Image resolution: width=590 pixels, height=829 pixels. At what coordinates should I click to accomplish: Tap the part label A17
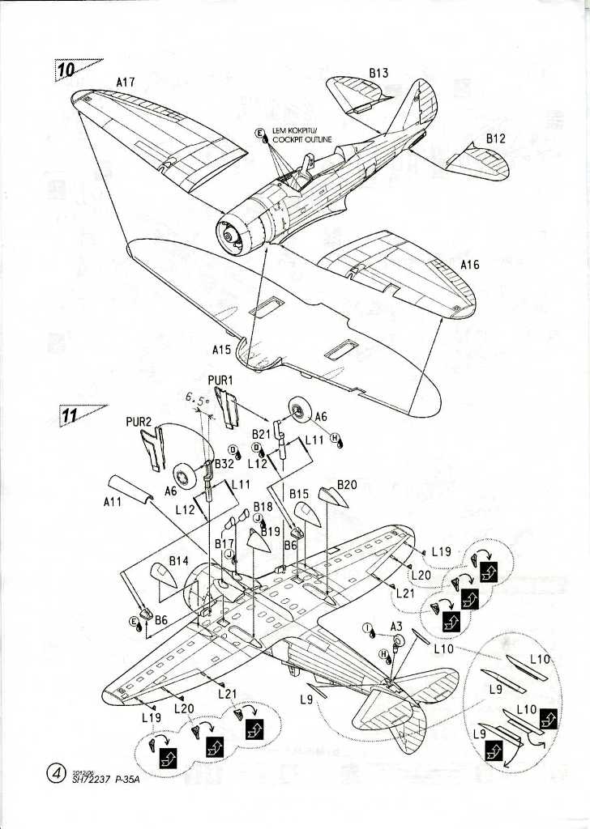[x=126, y=82]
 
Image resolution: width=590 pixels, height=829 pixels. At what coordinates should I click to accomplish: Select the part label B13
[x=378, y=73]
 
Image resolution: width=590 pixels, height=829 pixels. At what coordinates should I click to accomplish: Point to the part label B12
[x=496, y=139]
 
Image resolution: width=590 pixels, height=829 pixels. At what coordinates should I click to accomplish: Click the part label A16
[x=470, y=265]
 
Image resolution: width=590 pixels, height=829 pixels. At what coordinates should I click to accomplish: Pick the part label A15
[x=222, y=351]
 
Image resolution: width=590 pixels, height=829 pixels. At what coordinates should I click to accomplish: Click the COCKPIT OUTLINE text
[x=303, y=138]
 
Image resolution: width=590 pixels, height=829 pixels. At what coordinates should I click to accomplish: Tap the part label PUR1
[x=220, y=380]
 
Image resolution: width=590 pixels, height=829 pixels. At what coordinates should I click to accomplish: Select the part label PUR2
[x=139, y=422]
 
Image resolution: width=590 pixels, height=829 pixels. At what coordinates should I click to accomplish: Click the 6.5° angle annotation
[x=198, y=399]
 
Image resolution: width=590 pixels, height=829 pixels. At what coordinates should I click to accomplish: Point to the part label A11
[x=113, y=502]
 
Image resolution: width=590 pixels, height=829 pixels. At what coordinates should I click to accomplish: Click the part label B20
[x=347, y=485]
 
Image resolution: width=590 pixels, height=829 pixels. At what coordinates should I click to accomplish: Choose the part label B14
[x=179, y=560]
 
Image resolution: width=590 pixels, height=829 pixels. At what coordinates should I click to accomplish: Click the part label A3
[x=396, y=626]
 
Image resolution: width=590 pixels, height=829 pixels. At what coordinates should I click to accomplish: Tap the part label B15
[x=299, y=493]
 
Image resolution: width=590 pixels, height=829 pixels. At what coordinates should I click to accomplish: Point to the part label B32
[x=223, y=465]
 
